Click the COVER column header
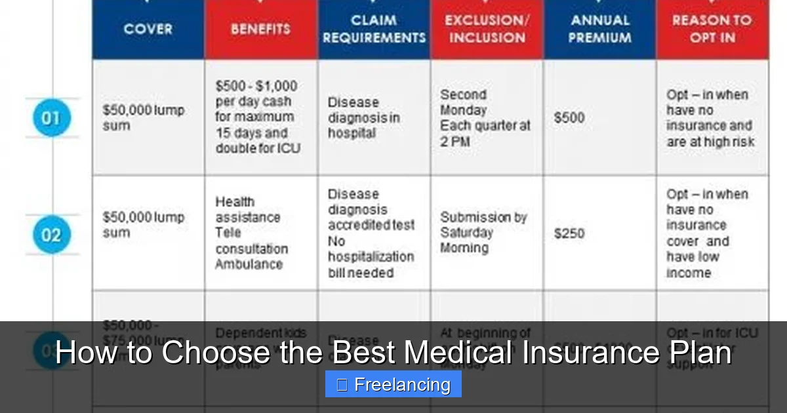coord(148,29)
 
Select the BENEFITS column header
coord(260,29)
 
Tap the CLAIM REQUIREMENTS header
coord(374,29)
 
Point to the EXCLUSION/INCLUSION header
coord(486,29)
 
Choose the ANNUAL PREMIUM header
coord(599,29)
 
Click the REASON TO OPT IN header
coord(712,29)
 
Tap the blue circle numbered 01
coord(51,119)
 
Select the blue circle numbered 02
coord(51,235)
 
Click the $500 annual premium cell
coord(569,118)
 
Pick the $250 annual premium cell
coord(569,233)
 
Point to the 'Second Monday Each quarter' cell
coord(485,118)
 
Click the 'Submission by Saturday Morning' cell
coord(483,233)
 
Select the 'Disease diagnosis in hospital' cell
coord(363,118)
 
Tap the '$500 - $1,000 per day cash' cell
coord(258,117)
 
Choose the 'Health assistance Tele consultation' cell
coord(251,233)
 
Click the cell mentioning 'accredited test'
coord(371,233)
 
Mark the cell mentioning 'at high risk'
coord(710,118)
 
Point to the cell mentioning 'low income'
coord(707,233)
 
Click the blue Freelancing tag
coord(393,385)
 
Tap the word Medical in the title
coord(458,353)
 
